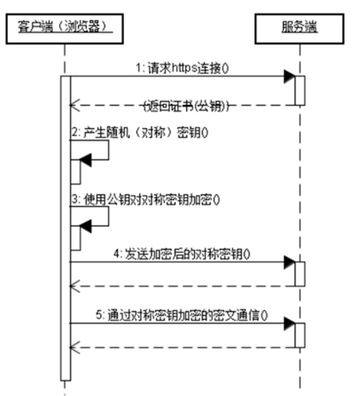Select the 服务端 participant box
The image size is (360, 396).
[x=299, y=28]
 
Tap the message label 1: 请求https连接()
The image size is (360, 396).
[x=182, y=68]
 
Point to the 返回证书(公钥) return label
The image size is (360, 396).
[x=186, y=106]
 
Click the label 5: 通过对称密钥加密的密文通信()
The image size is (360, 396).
[x=187, y=315]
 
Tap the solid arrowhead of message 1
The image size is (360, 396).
[x=289, y=76]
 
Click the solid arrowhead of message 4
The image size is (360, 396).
[x=289, y=262]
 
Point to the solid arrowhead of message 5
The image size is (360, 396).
[x=289, y=323]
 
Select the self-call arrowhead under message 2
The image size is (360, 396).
[x=86, y=159]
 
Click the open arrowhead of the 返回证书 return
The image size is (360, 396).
[x=74, y=106]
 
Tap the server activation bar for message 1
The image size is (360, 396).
[x=299, y=90]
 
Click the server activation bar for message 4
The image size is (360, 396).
[x=299, y=274]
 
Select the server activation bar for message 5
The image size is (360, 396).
[x=299, y=335]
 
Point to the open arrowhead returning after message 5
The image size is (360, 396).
[x=74, y=347]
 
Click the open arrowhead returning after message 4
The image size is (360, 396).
[x=74, y=286]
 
